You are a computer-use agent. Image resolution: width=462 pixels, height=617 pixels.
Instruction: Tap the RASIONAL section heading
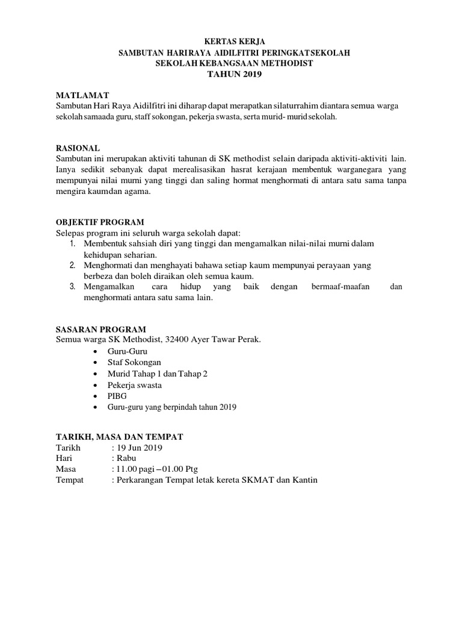click(x=78, y=148)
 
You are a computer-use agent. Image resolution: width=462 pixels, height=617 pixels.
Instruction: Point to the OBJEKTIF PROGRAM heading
click(x=100, y=222)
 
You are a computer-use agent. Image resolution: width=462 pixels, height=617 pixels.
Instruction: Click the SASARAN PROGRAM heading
click(x=100, y=329)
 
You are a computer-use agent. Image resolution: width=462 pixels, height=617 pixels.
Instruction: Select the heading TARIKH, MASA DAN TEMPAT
click(x=119, y=436)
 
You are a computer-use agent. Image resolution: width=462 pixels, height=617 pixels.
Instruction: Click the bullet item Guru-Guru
click(x=127, y=351)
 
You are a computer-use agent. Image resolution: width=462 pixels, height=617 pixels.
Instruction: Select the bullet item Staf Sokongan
click(x=135, y=362)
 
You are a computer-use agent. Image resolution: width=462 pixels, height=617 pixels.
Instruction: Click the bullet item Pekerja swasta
click(x=134, y=384)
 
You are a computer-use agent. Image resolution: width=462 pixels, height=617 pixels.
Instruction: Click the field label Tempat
click(x=70, y=480)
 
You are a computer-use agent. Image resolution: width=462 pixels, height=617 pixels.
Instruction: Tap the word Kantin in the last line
click(x=304, y=480)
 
